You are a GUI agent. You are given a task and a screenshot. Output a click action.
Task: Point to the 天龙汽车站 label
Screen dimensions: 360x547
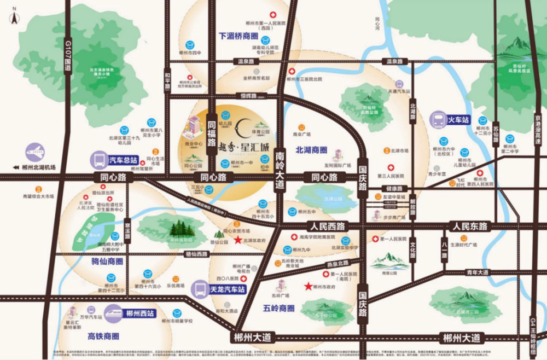point(227,288)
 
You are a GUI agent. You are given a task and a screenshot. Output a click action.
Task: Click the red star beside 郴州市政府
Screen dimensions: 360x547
point(309,286)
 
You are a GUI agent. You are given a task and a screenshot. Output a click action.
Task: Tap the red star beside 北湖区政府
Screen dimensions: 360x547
point(237,240)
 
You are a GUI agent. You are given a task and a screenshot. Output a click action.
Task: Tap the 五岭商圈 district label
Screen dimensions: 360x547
point(278,308)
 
